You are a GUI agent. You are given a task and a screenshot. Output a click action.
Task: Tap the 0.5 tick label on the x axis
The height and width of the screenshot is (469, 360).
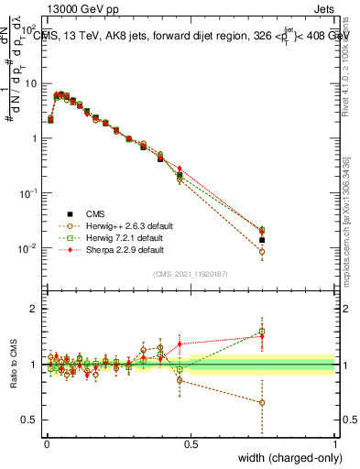[x=191, y=443]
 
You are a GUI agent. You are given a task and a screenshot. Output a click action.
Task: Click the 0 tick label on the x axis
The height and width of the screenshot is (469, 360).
[x=47, y=443]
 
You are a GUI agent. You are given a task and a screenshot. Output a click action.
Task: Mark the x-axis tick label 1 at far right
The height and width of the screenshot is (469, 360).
[x=334, y=443]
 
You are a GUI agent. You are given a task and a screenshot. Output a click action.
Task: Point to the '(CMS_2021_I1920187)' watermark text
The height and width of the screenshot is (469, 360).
[x=190, y=272]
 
